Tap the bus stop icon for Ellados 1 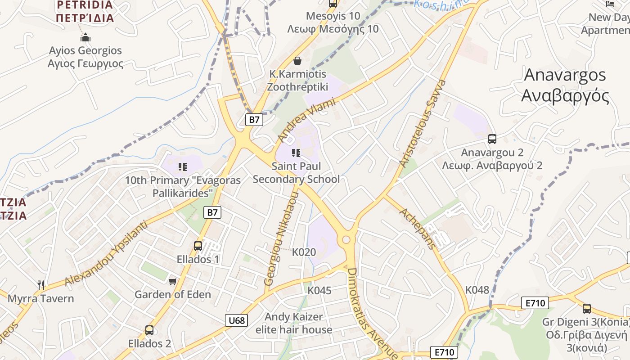(x=198, y=246)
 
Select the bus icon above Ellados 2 (x=149, y=330)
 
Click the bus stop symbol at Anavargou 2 (x=492, y=139)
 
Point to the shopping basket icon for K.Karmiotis (x=297, y=60)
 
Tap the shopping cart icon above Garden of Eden (x=172, y=282)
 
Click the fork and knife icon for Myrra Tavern (x=41, y=285)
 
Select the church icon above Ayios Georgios (x=85, y=37)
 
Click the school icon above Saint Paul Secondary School (x=296, y=153)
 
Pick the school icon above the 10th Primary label (x=183, y=167)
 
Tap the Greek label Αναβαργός (x=565, y=96)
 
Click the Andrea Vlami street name (x=307, y=120)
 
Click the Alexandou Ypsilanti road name (x=106, y=253)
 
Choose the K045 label (x=319, y=291)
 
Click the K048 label (x=477, y=290)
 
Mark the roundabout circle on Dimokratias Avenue (x=346, y=239)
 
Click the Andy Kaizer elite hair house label (x=294, y=323)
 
